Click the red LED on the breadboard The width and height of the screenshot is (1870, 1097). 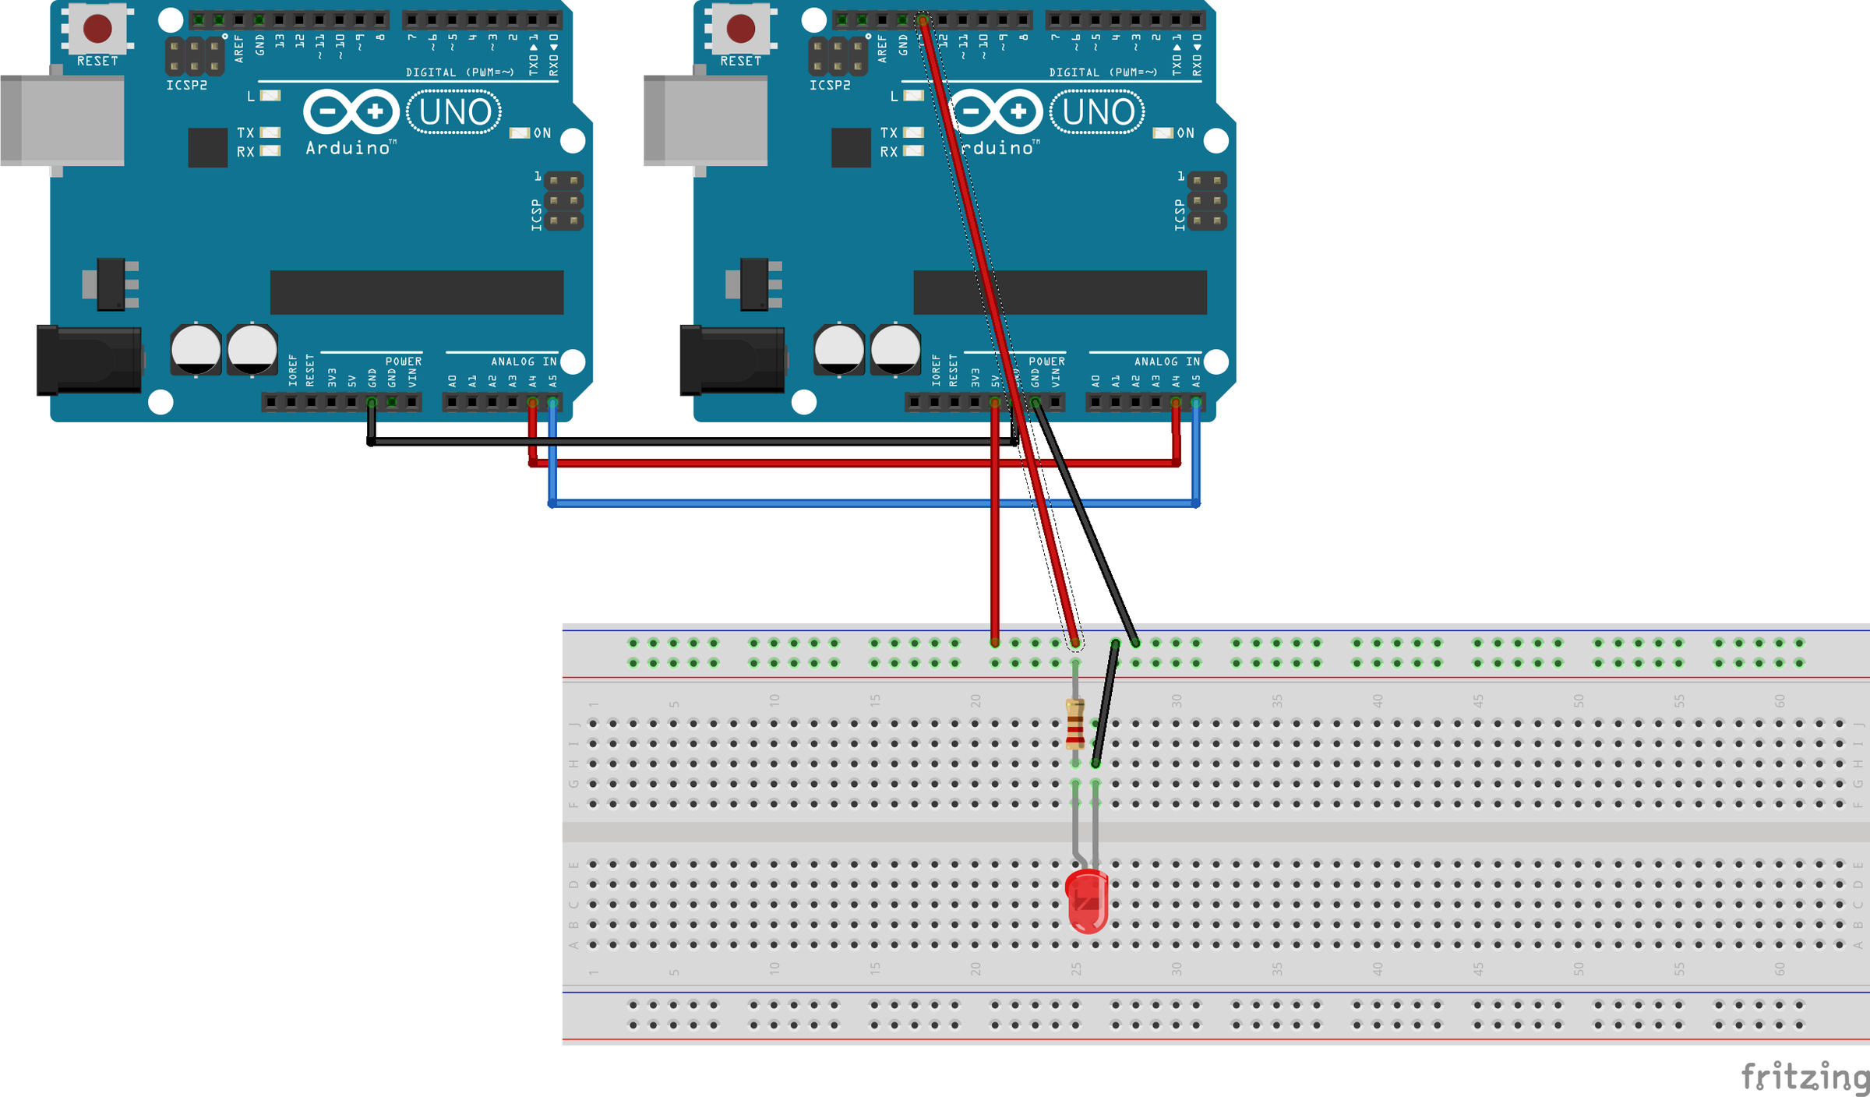(1086, 901)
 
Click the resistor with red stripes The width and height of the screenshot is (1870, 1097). (1075, 725)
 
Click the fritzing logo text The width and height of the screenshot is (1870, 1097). (1804, 1077)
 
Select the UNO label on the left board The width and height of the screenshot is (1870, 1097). (455, 112)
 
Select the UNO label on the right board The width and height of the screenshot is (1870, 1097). (1098, 112)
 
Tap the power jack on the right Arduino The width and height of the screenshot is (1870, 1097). (732, 360)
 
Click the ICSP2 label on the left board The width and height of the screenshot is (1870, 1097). (186, 86)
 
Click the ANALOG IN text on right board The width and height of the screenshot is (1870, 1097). (1166, 362)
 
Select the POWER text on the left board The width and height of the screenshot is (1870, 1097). (404, 362)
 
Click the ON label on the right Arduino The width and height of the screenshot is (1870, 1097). (1185, 133)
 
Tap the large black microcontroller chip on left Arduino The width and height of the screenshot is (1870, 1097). (417, 292)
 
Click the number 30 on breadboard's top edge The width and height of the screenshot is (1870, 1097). (1177, 700)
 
